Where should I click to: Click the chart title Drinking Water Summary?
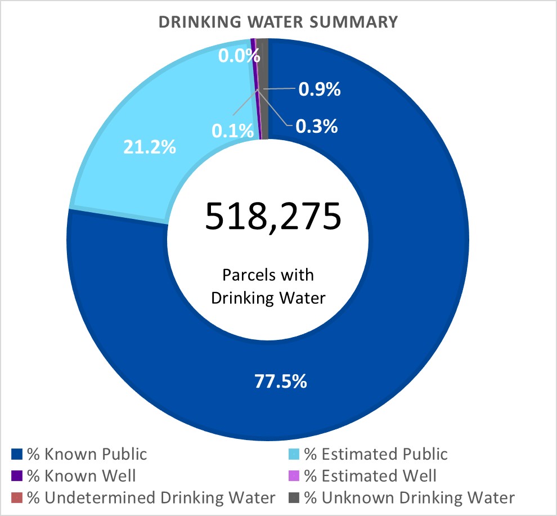tap(278, 23)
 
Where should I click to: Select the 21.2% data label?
tap(149, 148)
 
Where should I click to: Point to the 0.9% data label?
tap(319, 89)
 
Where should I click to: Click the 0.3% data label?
tap(317, 126)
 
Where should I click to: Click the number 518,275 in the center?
tap(273, 217)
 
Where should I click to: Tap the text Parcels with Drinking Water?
tap(268, 286)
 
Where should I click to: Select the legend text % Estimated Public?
tap(376, 454)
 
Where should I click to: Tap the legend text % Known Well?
tap(80, 476)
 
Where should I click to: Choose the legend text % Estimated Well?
tap(370, 476)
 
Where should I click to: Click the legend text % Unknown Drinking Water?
tap(409, 498)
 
